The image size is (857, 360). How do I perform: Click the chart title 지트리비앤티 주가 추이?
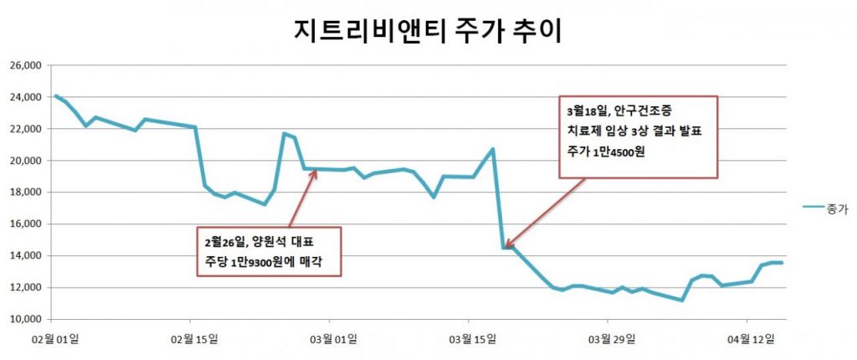(x=428, y=31)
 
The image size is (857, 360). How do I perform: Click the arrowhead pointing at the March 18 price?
(x=508, y=245)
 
